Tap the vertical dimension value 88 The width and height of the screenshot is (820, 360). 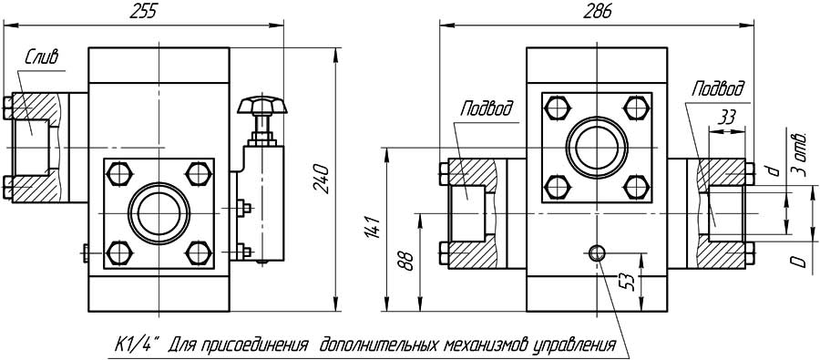tap(407, 261)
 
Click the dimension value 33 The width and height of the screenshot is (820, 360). tap(727, 117)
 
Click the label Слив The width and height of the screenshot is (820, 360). tap(41, 57)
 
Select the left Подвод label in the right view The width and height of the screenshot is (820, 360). tap(486, 109)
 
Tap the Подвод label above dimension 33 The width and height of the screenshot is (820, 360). tap(717, 88)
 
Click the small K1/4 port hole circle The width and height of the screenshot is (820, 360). tap(597, 253)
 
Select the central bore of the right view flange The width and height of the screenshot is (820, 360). tap(596, 146)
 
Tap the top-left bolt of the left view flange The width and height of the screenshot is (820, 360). tap(117, 172)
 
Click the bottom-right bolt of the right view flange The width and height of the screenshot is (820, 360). tap(637, 187)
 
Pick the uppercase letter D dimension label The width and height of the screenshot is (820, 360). tap(798, 262)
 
